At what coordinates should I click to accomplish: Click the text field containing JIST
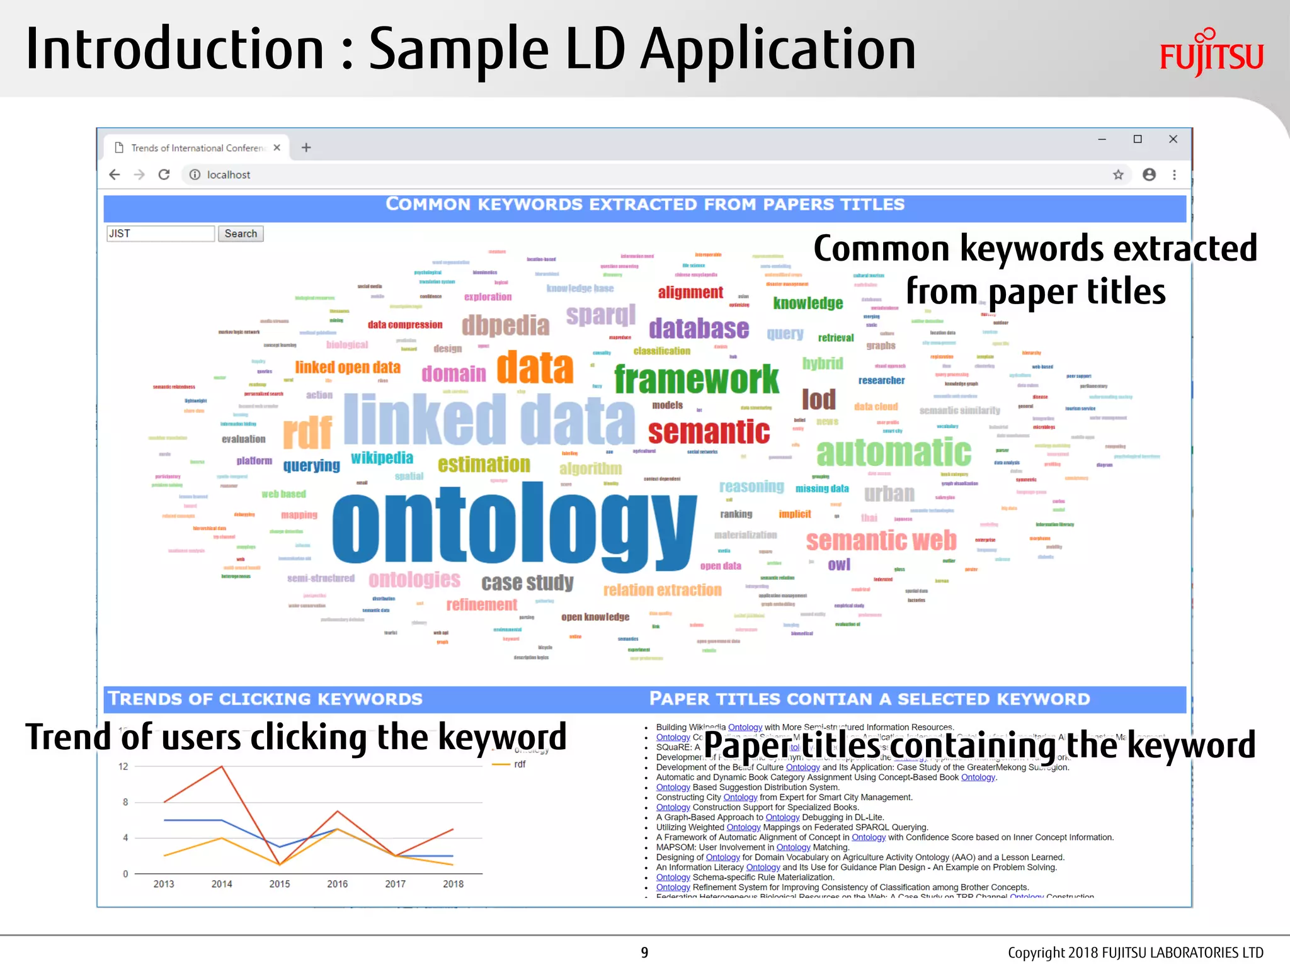pyautogui.click(x=161, y=234)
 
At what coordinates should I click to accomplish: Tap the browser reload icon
pyautogui.click(x=164, y=174)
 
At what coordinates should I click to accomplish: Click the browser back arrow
pyautogui.click(x=115, y=174)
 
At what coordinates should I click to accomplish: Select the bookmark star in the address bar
pyautogui.click(x=1118, y=174)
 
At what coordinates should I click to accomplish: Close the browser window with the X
pyautogui.click(x=1173, y=139)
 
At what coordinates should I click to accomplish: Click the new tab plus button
pyautogui.click(x=306, y=147)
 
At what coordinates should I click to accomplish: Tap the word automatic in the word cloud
pyautogui.click(x=894, y=451)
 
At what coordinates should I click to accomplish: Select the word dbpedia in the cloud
pyautogui.click(x=505, y=325)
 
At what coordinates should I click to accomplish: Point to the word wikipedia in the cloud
pyautogui.click(x=382, y=458)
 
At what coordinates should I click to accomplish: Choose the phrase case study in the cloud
pyautogui.click(x=527, y=582)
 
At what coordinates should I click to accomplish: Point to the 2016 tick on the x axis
pyautogui.click(x=337, y=884)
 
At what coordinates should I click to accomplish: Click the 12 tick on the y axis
pyautogui.click(x=123, y=766)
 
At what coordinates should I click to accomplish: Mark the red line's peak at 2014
pyautogui.click(x=222, y=766)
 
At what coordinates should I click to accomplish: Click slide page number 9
pyautogui.click(x=644, y=953)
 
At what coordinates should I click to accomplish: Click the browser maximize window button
pyautogui.click(x=1138, y=139)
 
